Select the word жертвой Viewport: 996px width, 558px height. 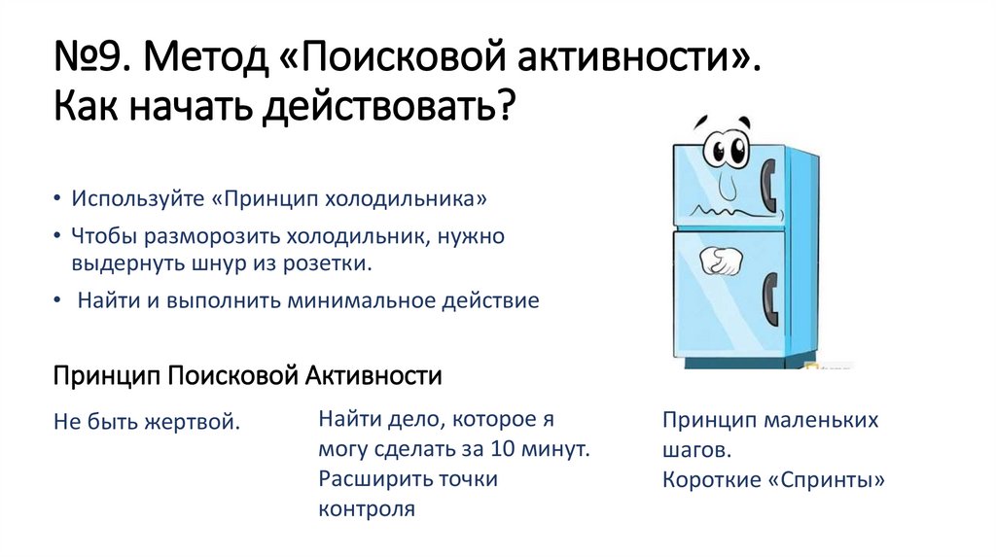tap(192, 422)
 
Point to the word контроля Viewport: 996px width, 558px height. tap(367, 508)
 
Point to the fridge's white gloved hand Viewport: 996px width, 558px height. tap(721, 261)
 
